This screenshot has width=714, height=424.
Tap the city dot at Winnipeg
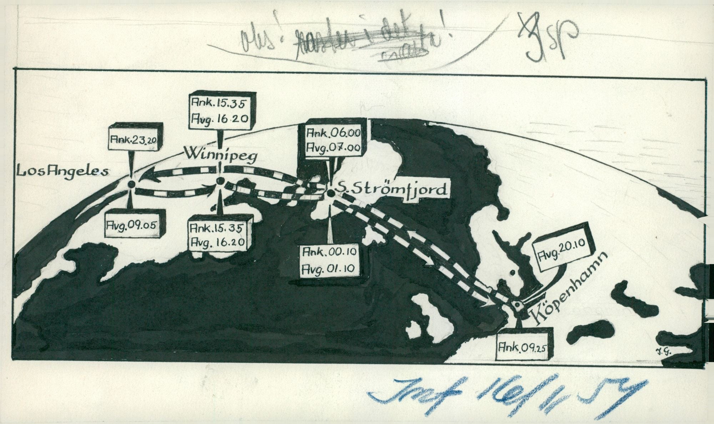click(219, 182)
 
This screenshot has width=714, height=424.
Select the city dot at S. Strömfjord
click(330, 193)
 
